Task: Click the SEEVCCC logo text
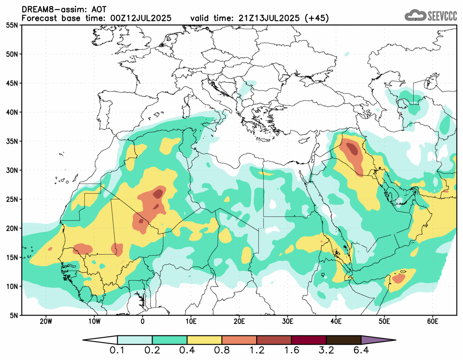point(442,16)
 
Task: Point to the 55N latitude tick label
point(13,25)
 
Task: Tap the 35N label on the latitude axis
point(13,141)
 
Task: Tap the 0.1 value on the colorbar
point(118,352)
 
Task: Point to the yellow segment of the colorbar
point(204,340)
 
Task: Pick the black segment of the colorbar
point(343,340)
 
